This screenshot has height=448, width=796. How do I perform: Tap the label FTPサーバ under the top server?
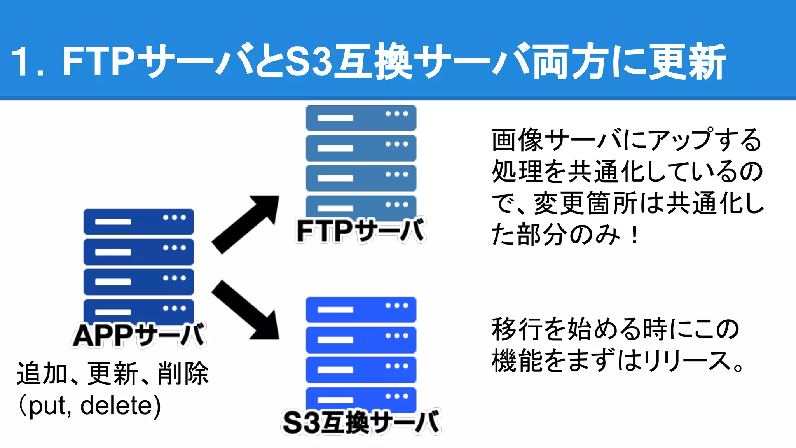click(x=361, y=231)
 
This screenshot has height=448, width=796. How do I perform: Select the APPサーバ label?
click(x=139, y=335)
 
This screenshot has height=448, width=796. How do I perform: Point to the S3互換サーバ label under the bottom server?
click(x=361, y=422)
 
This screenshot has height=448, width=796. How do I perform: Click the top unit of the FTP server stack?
click(x=361, y=117)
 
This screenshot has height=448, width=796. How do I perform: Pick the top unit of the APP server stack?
click(x=139, y=222)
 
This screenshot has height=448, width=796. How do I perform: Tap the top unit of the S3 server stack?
click(x=361, y=310)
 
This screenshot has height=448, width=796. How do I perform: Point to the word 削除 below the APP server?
click(x=183, y=373)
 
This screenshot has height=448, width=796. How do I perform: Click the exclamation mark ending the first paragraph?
click(x=634, y=235)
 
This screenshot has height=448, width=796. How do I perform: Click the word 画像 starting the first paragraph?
click(x=517, y=140)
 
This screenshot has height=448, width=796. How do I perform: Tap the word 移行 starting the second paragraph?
click(x=517, y=329)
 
